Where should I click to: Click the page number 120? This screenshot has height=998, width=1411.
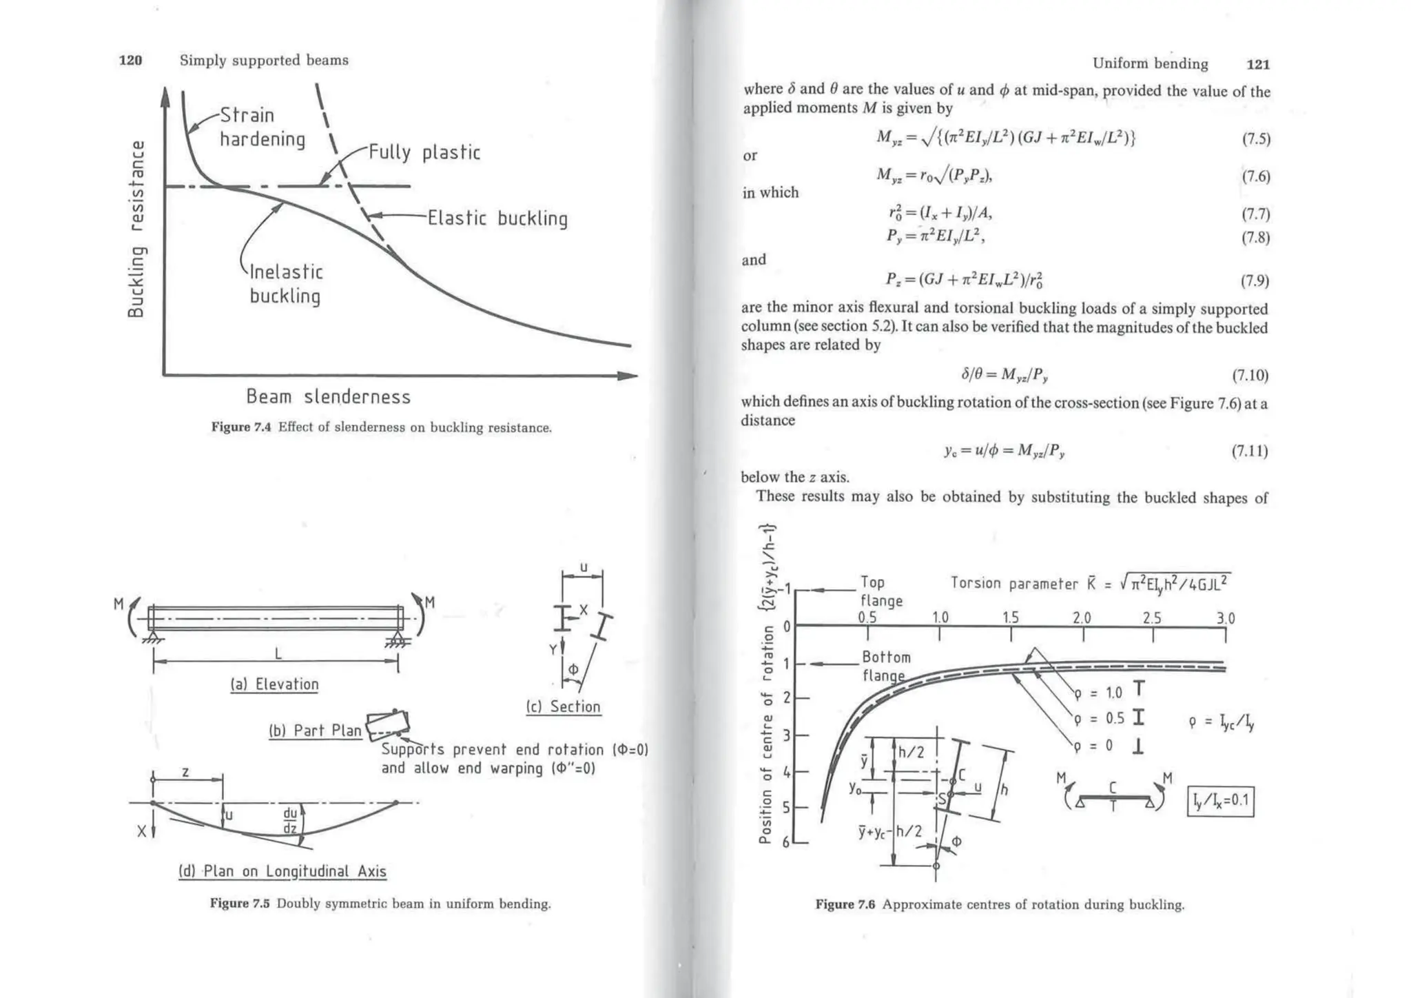pos(130,61)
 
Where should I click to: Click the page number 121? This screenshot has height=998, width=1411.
pos(1258,64)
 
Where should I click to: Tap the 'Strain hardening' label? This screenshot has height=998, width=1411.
pos(262,127)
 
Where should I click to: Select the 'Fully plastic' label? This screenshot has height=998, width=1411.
pos(424,152)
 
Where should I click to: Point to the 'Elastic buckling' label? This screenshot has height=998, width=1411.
pos(497,218)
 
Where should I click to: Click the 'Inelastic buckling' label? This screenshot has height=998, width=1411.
pos(285,284)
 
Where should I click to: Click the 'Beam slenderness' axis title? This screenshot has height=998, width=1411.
pos(328,397)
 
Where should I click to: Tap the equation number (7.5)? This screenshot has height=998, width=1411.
pos(1255,139)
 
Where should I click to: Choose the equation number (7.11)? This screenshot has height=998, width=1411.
pos(1249,451)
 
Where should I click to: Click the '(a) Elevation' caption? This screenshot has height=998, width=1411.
pos(274,684)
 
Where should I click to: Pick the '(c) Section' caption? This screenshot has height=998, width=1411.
pos(563,706)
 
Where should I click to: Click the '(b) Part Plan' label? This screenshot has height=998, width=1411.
pos(315,731)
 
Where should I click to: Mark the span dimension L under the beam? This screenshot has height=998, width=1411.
pos(278,653)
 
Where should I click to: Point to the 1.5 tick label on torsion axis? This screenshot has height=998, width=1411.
pos(1010,618)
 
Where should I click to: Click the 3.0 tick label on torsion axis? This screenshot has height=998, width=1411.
pos(1225,618)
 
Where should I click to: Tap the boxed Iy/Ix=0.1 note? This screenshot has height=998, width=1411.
pos(1220,801)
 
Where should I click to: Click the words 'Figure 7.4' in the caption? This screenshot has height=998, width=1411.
pos(240,427)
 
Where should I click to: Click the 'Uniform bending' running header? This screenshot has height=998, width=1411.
pos(1150,64)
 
